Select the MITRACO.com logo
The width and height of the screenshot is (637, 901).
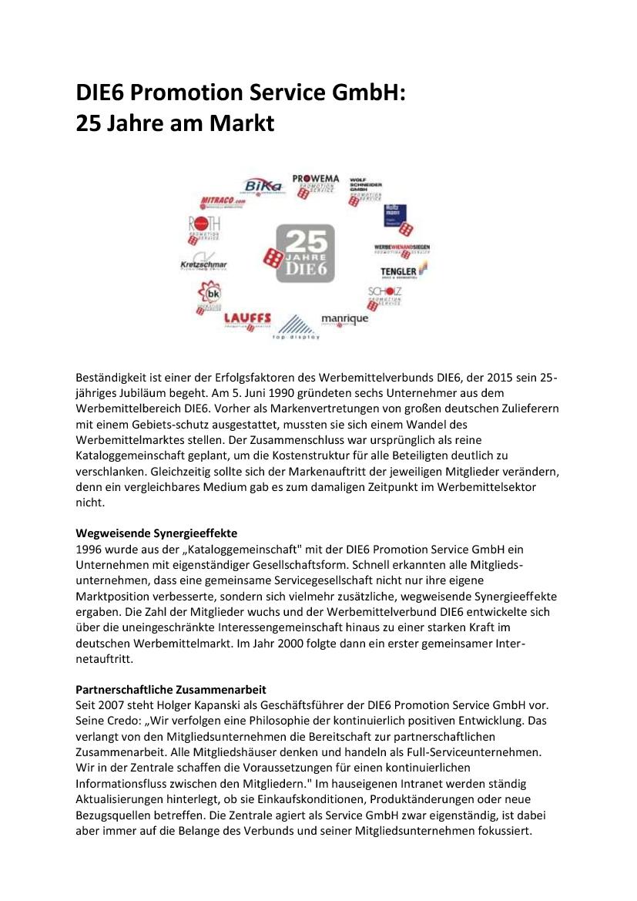point(223,203)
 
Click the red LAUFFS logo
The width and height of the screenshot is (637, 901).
point(248,318)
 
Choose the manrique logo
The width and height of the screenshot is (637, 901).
point(344,318)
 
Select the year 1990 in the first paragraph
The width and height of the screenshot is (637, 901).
point(245,392)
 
